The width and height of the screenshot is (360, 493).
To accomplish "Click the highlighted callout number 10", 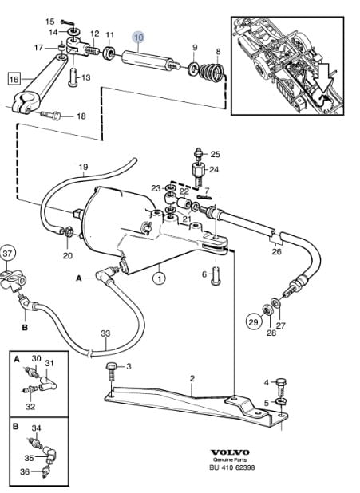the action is pyautogui.click(x=138, y=37).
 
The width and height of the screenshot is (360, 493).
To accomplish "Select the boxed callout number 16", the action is pyautogui.click(x=14, y=79).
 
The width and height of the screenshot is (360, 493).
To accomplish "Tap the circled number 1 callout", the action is pyautogui.click(x=159, y=278).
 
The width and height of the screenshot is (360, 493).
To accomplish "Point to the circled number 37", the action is pyautogui.click(x=7, y=254).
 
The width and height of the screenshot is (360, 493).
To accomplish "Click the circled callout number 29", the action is pyautogui.click(x=253, y=322).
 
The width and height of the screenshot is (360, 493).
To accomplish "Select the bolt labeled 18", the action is pyautogui.click(x=50, y=116).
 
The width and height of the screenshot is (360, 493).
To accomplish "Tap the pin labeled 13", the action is pyautogui.click(x=73, y=77).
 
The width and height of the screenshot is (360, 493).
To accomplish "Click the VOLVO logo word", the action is pyautogui.click(x=230, y=452).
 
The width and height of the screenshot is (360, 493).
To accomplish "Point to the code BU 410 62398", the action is pyautogui.click(x=232, y=467).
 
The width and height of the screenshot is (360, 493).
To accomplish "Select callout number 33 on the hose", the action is pyautogui.click(x=105, y=333).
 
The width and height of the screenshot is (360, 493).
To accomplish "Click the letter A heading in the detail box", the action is pyautogui.click(x=17, y=359).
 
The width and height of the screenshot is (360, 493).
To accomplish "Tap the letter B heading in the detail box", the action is pyautogui.click(x=16, y=427).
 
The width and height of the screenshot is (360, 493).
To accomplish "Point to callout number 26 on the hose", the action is pyautogui.click(x=277, y=252).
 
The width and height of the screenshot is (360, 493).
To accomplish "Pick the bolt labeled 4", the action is pyautogui.click(x=281, y=387).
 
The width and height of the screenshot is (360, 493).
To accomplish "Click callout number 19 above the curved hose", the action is pyautogui.click(x=83, y=167).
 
